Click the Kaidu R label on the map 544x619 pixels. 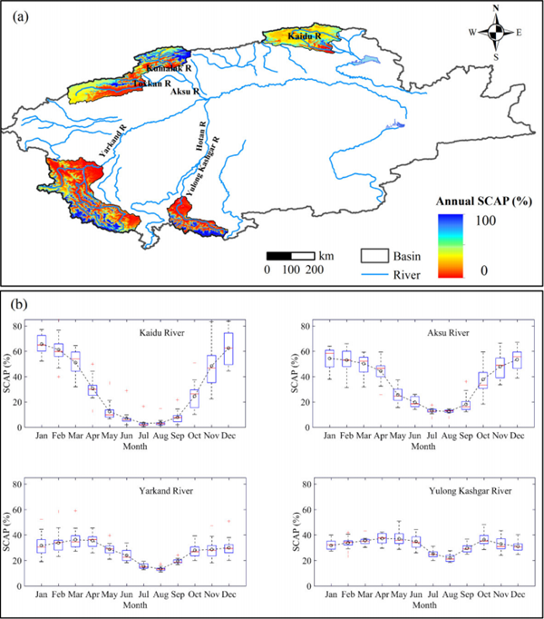[x=306, y=36]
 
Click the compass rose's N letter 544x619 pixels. [x=495, y=9]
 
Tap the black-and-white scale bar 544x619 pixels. [x=289, y=255]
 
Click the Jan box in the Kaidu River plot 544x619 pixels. [x=42, y=344]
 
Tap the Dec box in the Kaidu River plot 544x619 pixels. [x=228, y=349]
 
